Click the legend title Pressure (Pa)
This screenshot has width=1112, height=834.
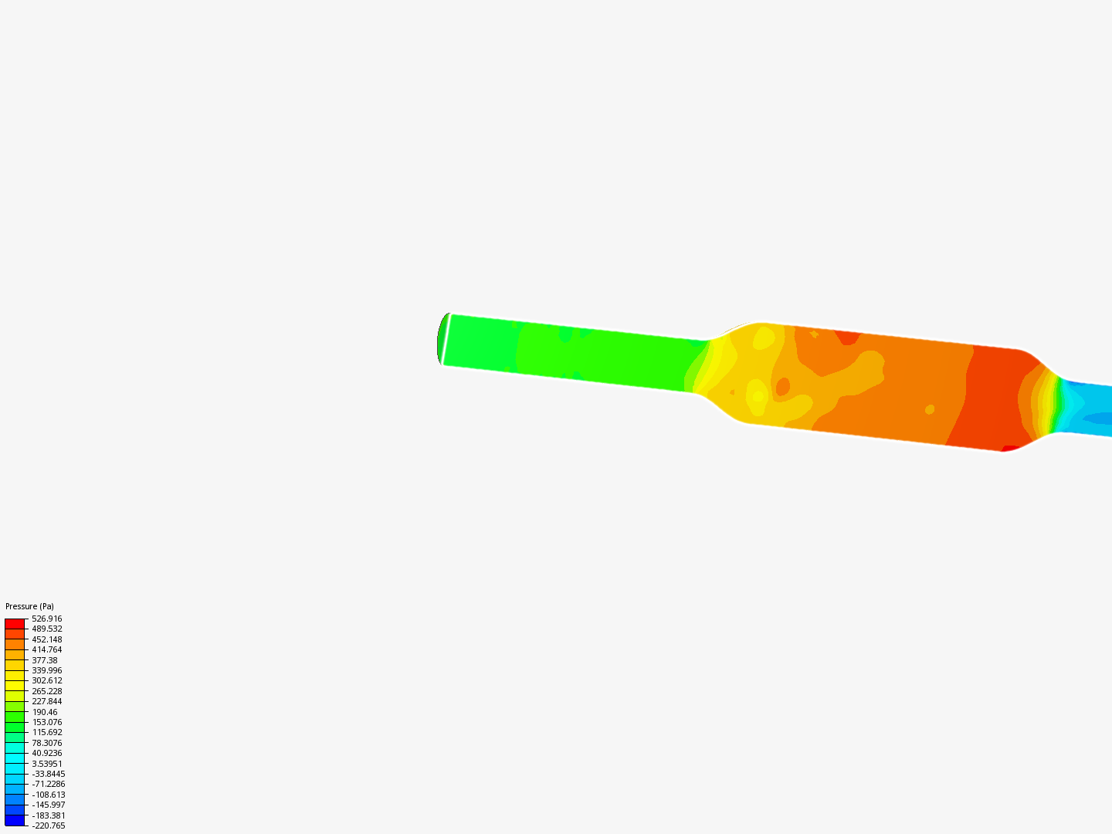click(x=29, y=606)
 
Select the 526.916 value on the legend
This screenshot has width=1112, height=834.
click(x=46, y=619)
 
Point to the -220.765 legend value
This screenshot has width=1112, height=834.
click(x=48, y=826)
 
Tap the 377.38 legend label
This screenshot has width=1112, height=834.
click(x=44, y=660)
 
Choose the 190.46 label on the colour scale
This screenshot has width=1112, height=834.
click(x=44, y=712)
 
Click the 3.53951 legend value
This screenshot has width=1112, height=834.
click(x=46, y=764)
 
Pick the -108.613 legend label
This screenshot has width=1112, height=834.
click(x=48, y=795)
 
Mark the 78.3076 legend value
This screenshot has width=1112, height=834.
click(x=46, y=743)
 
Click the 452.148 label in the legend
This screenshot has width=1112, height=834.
click(x=46, y=639)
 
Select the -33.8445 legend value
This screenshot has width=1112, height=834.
click(x=48, y=774)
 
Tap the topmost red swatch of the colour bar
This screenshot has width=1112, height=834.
click(x=15, y=623)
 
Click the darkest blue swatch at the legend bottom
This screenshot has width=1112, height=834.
click(x=15, y=820)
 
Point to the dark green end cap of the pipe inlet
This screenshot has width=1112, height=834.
click(x=441, y=338)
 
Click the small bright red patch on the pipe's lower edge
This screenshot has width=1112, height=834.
click(x=1009, y=448)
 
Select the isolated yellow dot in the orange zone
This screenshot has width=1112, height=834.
click(x=930, y=409)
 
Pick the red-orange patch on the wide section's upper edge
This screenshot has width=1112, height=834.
click(x=848, y=337)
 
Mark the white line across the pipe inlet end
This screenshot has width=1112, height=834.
click(x=446, y=340)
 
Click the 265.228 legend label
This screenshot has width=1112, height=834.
click(x=46, y=691)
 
